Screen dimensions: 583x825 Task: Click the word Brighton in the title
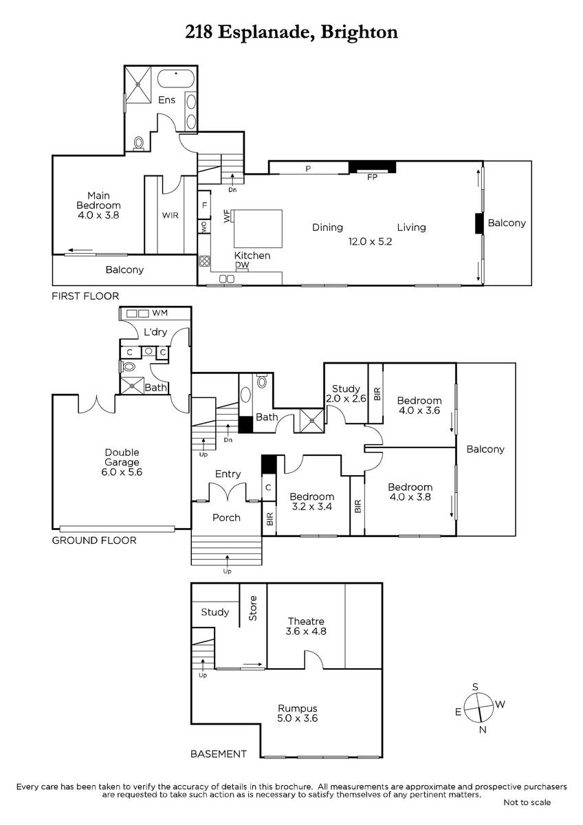[x=359, y=32]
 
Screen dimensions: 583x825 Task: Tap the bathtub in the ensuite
[x=176, y=78]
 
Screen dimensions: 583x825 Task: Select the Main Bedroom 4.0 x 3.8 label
[x=98, y=205]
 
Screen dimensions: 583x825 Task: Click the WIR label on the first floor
[x=170, y=215]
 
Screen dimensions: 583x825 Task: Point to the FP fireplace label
[x=372, y=177]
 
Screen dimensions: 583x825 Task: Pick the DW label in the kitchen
[x=242, y=265]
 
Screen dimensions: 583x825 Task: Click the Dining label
[x=327, y=228]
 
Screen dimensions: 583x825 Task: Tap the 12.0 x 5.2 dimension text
[x=370, y=241]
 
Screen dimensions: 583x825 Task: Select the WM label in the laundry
[x=159, y=313]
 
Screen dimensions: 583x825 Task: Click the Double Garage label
[x=122, y=457]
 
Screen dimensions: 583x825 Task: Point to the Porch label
[x=226, y=518]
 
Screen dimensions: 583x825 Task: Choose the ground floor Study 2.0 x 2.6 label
[x=346, y=393]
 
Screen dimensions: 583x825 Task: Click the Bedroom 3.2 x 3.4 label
[x=312, y=502]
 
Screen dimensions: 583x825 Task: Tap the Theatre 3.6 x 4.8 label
[x=306, y=626]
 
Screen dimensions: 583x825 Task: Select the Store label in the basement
[x=252, y=608]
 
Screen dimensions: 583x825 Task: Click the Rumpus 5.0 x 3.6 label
[x=298, y=713]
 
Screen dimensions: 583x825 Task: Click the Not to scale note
[x=527, y=802]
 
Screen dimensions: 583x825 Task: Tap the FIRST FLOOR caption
[x=85, y=296]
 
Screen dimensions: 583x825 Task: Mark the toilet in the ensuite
[x=139, y=143]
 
